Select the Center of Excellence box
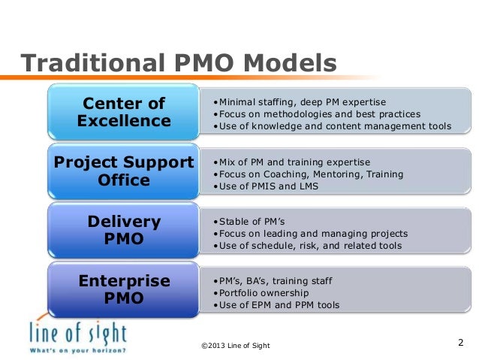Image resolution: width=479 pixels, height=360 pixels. [x=124, y=111]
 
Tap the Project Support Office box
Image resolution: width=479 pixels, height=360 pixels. [x=124, y=172]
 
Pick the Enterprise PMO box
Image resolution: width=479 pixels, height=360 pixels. [x=124, y=290]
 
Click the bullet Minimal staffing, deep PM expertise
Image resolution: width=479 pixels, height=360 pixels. [x=299, y=101]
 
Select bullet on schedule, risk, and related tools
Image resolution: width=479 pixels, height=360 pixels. [x=307, y=246]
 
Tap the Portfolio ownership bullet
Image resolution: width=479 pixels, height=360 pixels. [x=252, y=292]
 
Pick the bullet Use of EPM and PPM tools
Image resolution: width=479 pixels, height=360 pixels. [x=276, y=305]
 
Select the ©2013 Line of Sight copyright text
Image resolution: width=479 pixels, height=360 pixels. [x=236, y=345]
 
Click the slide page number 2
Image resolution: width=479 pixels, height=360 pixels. [x=460, y=343]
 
